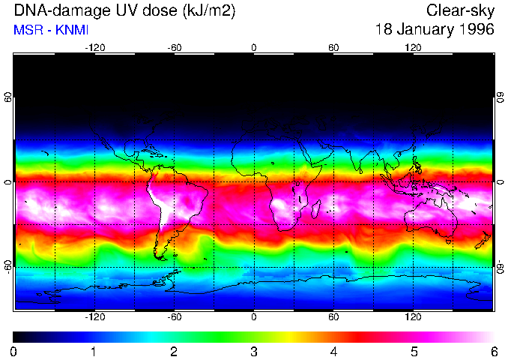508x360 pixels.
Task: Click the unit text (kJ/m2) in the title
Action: tap(194, 10)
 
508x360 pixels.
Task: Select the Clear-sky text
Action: tap(460, 10)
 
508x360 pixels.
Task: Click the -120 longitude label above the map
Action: tap(94, 47)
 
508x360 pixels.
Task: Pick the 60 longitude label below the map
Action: tap(333, 317)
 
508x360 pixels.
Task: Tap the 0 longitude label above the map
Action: tap(254, 47)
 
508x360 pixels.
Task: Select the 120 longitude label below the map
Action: tap(413, 317)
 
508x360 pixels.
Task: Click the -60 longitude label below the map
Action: tap(175, 317)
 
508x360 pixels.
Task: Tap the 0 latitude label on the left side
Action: tap(7, 182)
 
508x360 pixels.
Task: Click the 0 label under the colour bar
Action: tap(14, 352)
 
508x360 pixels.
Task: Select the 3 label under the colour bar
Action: tap(254, 352)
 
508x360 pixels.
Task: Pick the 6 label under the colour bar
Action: tap(494, 352)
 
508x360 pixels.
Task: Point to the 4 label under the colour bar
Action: tap(333, 352)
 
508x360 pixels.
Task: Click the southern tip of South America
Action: tap(162, 258)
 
